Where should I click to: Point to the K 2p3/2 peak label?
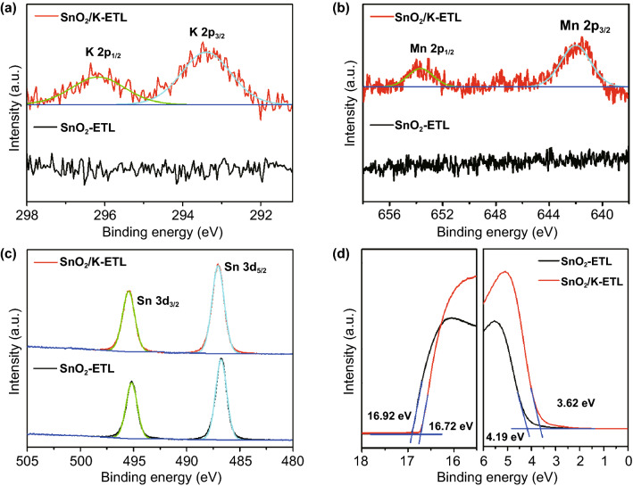tap(211, 33)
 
